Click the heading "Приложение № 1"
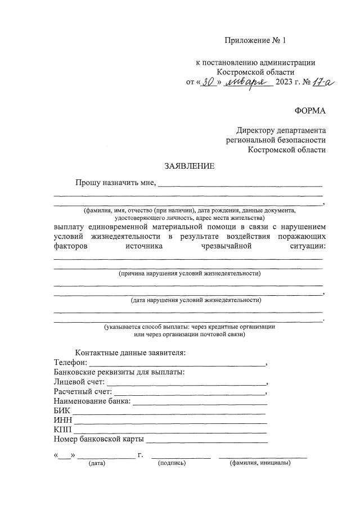[x=256, y=40]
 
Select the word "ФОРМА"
[x=310, y=111]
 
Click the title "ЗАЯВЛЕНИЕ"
[x=189, y=166]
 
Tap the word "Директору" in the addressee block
[x=256, y=129]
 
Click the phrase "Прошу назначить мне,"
[x=116, y=182]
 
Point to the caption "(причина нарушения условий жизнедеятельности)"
[x=189, y=273]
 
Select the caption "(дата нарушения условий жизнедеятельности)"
[x=188, y=300]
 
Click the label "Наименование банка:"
[x=92, y=401]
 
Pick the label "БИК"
[x=62, y=411]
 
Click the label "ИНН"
[x=62, y=421]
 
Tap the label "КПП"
[x=62, y=430]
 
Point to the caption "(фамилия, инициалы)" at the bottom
[x=260, y=463]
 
